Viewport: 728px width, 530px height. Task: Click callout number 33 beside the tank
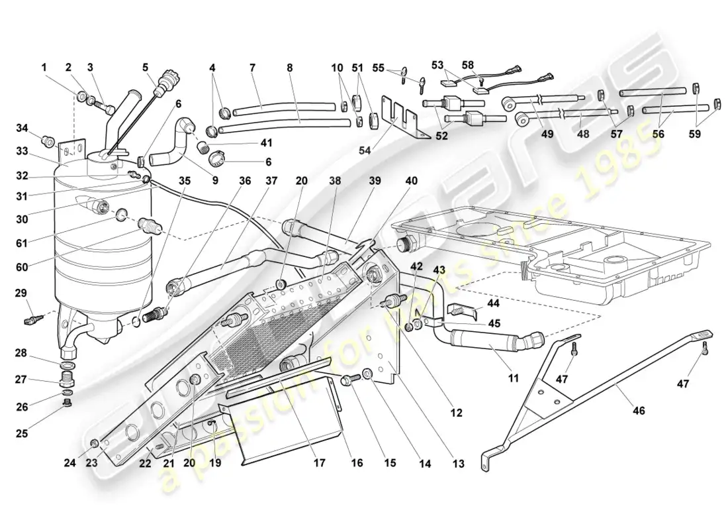(23, 152)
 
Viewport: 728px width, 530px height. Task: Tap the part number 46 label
(638, 411)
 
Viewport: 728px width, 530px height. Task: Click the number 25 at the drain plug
(22, 435)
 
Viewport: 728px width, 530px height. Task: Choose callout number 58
(468, 65)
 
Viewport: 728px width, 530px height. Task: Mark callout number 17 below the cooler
(320, 463)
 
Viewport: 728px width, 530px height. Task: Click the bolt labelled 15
(349, 381)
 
